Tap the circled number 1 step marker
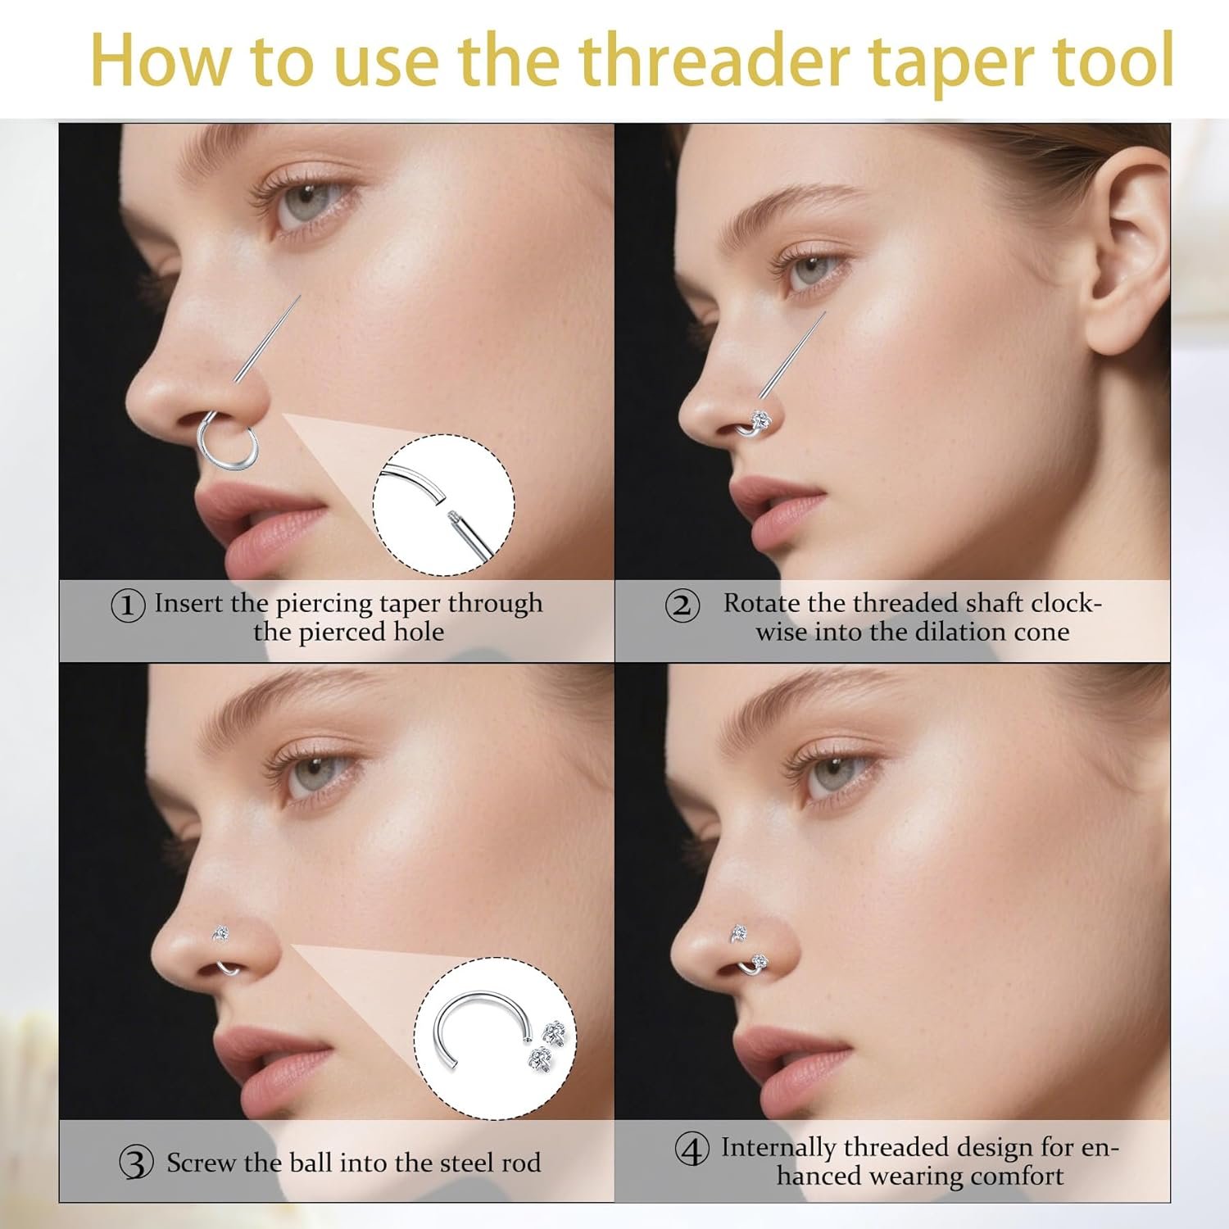coord(128,605)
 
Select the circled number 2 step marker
coord(682,605)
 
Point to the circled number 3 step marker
coord(136,1163)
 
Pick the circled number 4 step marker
coord(692,1149)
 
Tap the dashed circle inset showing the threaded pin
coord(444,505)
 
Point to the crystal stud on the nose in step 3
coord(220,932)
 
